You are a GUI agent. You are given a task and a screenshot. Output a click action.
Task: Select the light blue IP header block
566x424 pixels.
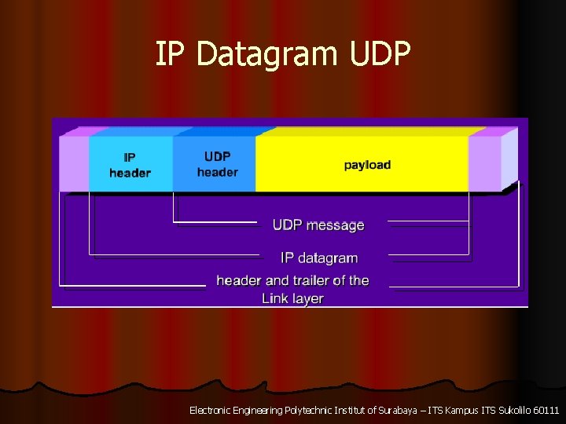pos(130,164)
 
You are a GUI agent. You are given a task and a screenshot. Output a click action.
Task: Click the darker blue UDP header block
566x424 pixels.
pos(214,164)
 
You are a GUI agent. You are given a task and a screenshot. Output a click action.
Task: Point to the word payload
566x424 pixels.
pos(367,165)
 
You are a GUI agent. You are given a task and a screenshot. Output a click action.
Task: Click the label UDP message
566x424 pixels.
pos(318,225)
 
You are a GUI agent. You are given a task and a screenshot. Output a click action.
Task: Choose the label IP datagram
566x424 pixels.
pos(319,258)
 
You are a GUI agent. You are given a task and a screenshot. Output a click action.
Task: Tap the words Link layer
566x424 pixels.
pos(292,298)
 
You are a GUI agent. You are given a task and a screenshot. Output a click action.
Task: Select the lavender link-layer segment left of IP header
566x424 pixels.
pos(74,164)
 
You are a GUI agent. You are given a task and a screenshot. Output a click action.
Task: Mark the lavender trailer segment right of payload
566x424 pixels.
pos(484,164)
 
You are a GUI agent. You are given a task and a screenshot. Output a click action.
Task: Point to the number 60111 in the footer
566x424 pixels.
pos(545,410)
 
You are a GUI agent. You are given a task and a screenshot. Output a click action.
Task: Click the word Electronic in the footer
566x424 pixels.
pos(211,410)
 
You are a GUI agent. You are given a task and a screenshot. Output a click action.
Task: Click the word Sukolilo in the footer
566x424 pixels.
pos(509,410)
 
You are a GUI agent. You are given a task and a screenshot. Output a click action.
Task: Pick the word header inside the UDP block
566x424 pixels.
pos(217,172)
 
